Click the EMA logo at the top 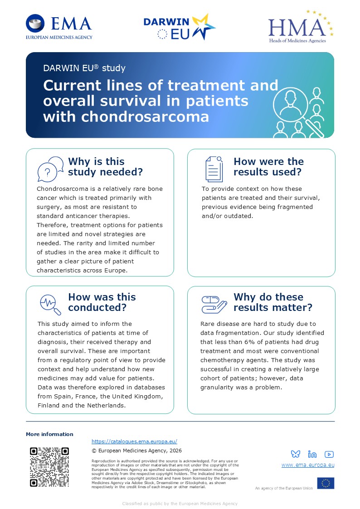(59, 27)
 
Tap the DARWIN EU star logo (180, 27)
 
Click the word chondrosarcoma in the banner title (145, 116)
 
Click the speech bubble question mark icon (50, 169)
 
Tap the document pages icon (214, 169)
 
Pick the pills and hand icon (214, 305)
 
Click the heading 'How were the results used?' (268, 166)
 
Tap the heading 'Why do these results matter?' (272, 302)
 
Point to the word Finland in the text (49, 406)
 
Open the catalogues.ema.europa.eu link (134, 441)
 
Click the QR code (49, 467)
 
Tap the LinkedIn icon (312, 454)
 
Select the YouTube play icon (329, 455)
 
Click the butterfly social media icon (296, 454)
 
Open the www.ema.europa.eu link (308, 465)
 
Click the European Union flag (326, 483)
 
